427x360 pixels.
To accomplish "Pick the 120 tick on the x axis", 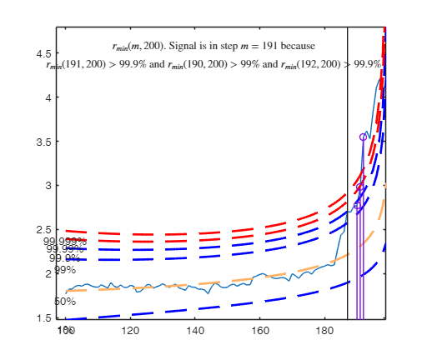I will (130, 330).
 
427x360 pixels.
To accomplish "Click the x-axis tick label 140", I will (194, 330).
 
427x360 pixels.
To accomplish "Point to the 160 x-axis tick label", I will (259, 330).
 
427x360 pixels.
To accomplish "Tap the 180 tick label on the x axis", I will (324, 330).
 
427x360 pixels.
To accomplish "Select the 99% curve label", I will (65, 270).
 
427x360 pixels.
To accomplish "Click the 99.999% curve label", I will (65, 241).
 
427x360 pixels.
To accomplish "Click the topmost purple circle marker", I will (363, 137).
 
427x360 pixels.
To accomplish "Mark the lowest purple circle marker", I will (357, 205).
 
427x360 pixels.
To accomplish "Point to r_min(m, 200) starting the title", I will (133, 46).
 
